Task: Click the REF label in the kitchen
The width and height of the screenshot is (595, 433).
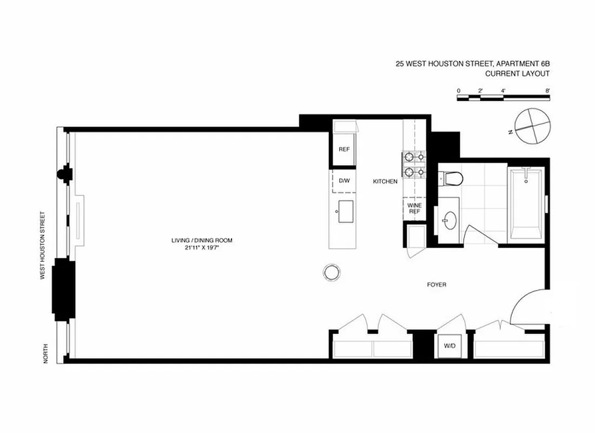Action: [x=343, y=149]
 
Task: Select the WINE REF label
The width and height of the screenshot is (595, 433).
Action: [x=414, y=208]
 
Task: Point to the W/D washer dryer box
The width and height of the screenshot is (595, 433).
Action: [x=450, y=345]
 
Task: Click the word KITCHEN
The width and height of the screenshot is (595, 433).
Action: [x=385, y=182]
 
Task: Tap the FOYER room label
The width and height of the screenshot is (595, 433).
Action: [x=436, y=285]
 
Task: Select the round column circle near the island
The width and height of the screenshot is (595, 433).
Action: [x=332, y=272]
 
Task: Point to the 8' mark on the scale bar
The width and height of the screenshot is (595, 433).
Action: [x=548, y=90]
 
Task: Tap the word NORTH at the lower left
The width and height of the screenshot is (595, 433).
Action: [x=47, y=353]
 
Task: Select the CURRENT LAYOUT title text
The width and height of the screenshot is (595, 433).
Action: [x=517, y=74]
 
